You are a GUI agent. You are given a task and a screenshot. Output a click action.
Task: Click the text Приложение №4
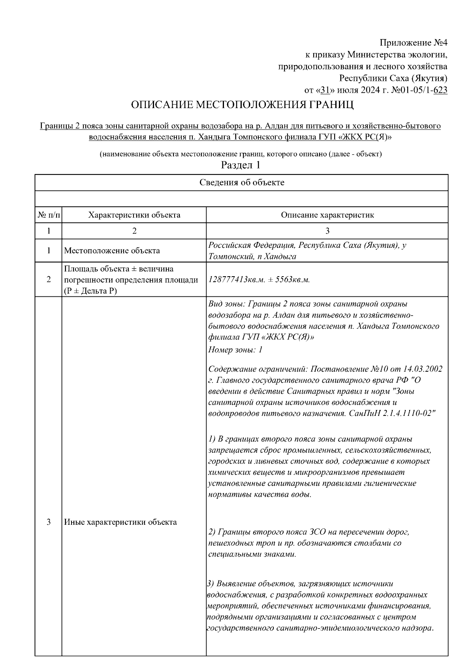coord(413,42)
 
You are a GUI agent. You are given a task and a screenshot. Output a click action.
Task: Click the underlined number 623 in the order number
coord(440,90)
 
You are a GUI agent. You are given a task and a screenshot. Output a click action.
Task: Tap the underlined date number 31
coord(325,90)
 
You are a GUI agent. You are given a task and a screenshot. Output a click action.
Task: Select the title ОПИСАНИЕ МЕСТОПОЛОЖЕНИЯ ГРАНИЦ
coord(242,105)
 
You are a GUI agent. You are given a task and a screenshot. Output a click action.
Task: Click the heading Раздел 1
coord(241,165)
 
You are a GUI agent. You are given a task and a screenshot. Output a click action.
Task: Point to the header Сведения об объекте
coord(241,183)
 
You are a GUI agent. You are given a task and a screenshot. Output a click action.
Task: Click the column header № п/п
coord(49,215)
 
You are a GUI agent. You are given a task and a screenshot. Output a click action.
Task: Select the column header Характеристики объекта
coord(134,215)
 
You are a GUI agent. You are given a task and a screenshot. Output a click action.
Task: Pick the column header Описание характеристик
coord(327,215)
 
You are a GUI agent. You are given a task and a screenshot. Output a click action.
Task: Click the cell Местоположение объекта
coord(112,251)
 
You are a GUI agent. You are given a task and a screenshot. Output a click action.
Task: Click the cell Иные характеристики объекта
coord(120,522)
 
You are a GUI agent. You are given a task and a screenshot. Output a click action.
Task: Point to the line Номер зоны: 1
coord(235,350)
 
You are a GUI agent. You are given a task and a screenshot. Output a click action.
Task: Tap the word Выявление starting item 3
coord(236,584)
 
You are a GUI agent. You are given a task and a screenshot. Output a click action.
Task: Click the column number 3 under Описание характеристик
coord(327,231)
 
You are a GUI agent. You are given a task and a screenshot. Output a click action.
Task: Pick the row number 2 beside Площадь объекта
coord(49,280)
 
